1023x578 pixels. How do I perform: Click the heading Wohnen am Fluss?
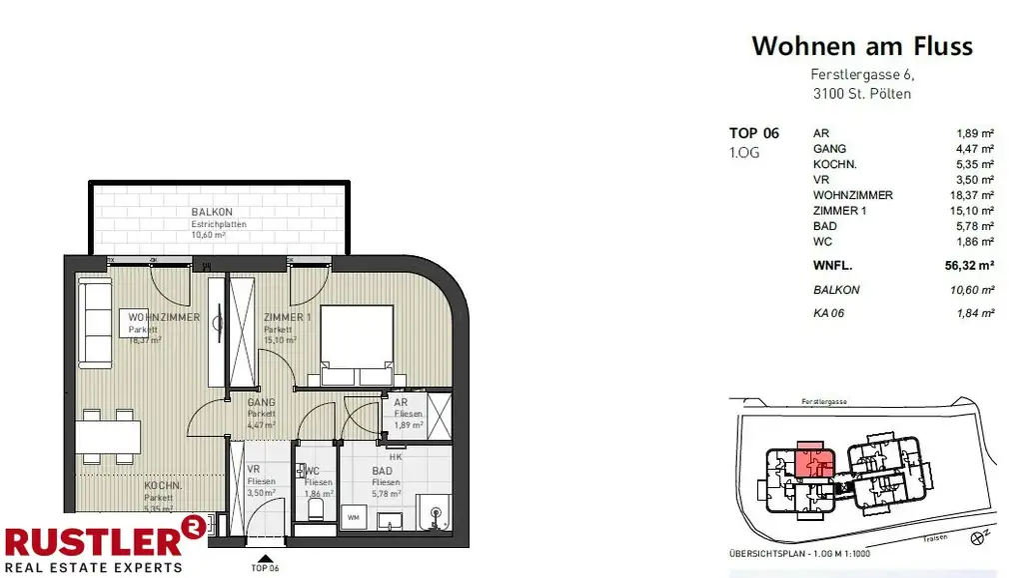tap(861, 46)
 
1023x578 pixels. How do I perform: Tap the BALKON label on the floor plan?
tap(212, 212)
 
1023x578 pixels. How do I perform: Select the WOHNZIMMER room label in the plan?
tap(166, 318)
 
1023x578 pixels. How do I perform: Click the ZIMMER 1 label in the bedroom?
tap(286, 318)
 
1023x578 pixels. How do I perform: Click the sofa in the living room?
tap(97, 324)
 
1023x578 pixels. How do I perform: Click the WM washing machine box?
tap(353, 518)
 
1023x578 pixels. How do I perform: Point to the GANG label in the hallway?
tap(261, 403)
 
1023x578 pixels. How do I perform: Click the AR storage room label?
tap(401, 403)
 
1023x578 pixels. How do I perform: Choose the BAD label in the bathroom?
tap(383, 470)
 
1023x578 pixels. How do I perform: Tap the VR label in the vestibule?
tap(254, 470)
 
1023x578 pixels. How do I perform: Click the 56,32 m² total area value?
tap(968, 266)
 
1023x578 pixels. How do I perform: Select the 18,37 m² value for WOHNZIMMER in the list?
tap(973, 195)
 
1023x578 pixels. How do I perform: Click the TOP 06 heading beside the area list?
tap(754, 133)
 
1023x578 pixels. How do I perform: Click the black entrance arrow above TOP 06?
tap(265, 560)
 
